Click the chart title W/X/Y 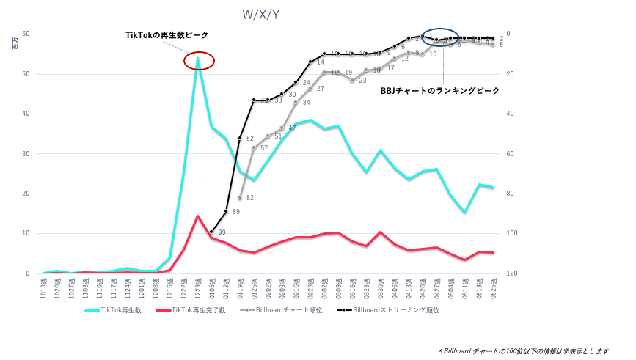coord(260,15)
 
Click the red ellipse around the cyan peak coord(199,61)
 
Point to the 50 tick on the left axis coord(26,74)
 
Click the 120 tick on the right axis coord(511,273)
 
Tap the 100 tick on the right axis coord(511,234)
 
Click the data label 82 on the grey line coord(250,198)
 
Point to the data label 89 coord(236,212)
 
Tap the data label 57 coord(264,148)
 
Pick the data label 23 coord(362,81)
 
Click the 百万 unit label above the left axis coord(15,44)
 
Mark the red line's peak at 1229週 coord(197,216)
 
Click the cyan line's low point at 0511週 coord(464,212)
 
